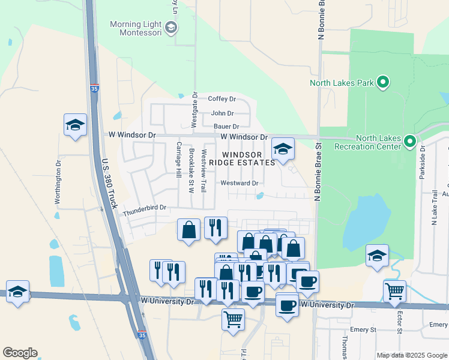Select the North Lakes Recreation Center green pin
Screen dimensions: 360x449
[x=410, y=142]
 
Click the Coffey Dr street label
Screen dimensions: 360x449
[x=222, y=99]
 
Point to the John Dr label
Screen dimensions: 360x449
[x=222, y=113]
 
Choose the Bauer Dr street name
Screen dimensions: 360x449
[x=226, y=127]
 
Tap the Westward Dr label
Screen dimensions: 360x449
[x=240, y=183]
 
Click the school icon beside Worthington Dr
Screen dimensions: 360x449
[x=75, y=125]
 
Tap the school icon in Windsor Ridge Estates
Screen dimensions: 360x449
[x=283, y=148]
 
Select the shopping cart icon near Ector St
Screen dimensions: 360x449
[x=394, y=291]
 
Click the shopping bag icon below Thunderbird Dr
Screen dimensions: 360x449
[x=189, y=230]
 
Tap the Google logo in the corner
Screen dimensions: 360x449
[x=20, y=353]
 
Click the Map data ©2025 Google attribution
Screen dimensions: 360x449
[x=412, y=355]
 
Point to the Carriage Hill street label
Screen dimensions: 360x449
[x=178, y=160]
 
